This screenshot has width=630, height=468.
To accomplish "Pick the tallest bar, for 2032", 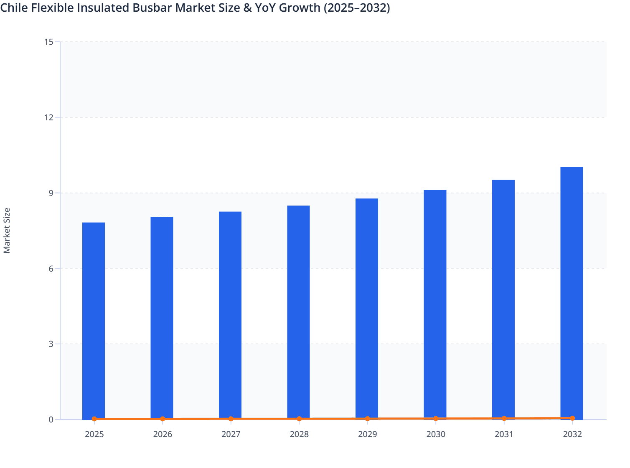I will click(x=572, y=292).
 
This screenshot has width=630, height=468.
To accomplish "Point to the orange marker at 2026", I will click(x=163, y=419).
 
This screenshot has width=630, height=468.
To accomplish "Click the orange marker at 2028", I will click(x=299, y=419).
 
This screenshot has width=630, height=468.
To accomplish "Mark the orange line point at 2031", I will click(x=504, y=418).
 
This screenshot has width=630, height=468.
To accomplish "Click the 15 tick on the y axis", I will click(x=49, y=42).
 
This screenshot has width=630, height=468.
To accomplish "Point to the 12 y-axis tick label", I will click(x=49, y=117).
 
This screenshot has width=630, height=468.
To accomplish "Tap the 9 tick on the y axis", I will click(x=51, y=193).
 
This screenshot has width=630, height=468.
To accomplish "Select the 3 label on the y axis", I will click(x=51, y=344).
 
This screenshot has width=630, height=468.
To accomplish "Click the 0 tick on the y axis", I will click(x=51, y=420).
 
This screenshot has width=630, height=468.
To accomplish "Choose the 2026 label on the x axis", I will click(x=163, y=434).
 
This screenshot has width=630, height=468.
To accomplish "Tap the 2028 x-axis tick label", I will click(x=299, y=434).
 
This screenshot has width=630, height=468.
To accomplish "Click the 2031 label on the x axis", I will click(x=504, y=434).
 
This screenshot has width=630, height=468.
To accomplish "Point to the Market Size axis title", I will click(x=7, y=230).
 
